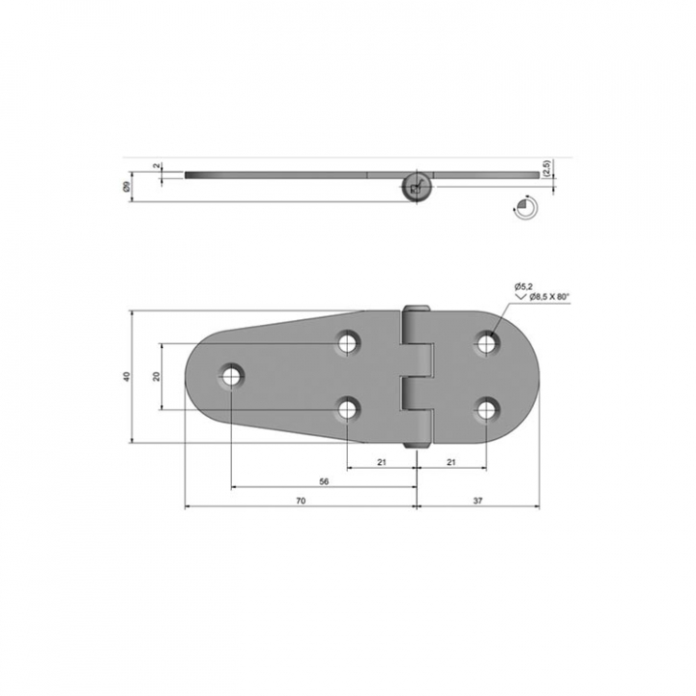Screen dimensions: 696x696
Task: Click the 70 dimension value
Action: pyautogui.click(x=301, y=501)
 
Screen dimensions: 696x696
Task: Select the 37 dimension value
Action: pyautogui.click(x=478, y=501)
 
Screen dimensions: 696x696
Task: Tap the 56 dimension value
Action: pyautogui.click(x=324, y=481)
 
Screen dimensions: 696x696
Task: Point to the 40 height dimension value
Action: pyautogui.click(x=127, y=376)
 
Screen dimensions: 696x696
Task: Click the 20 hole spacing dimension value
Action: pyautogui.click(x=157, y=376)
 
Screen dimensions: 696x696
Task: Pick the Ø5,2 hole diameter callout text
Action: pyautogui.click(x=523, y=287)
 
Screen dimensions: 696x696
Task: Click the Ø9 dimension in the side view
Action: pyautogui.click(x=127, y=187)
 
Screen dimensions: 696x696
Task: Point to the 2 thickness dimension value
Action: pyautogui.click(x=157, y=166)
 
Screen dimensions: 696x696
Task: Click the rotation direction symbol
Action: pyautogui.click(x=525, y=207)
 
